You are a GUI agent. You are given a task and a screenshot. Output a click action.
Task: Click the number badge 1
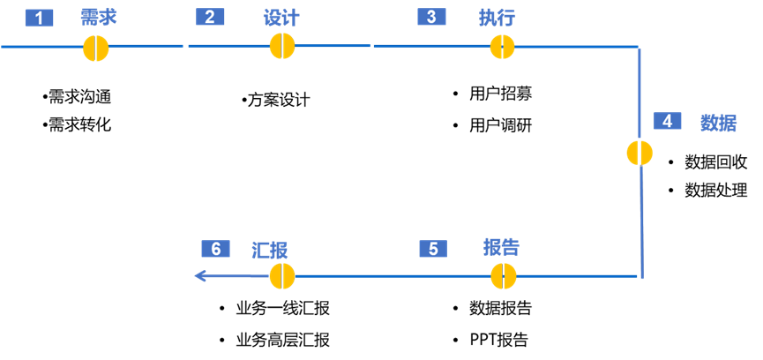coord(39,18)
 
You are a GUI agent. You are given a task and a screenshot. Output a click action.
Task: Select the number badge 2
coord(210,17)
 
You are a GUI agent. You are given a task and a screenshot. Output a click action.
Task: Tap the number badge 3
coord(431,17)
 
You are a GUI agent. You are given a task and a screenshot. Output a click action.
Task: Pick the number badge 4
coord(668,121)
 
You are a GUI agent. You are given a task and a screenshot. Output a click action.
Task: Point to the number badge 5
coord(433,249)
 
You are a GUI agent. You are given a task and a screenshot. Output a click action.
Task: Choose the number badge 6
coord(215,249)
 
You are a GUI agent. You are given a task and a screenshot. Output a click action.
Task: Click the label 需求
coord(98,18)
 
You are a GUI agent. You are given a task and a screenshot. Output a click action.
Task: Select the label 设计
coord(281,18)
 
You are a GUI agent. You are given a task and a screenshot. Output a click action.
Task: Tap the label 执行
coord(497,18)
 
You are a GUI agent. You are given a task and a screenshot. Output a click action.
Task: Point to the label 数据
coord(718,123)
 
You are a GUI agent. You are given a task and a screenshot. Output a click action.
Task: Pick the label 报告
coord(501,247)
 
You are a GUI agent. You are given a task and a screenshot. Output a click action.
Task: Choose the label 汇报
coord(270,250)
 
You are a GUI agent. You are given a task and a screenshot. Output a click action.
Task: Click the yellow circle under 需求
coord(96,49)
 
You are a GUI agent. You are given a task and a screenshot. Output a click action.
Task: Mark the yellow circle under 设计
coord(282,46)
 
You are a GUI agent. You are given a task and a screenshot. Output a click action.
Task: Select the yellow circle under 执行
coord(502,47)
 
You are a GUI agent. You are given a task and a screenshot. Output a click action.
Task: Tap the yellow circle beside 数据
coord(640,153)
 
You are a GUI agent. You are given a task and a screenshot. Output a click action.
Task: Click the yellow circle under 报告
coord(503,276)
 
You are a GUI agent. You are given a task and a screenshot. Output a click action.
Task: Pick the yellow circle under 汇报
coord(282,276)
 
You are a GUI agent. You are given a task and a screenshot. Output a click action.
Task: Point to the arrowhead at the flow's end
coord(200,276)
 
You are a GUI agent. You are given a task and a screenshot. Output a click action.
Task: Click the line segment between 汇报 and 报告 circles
coord(393,276)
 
